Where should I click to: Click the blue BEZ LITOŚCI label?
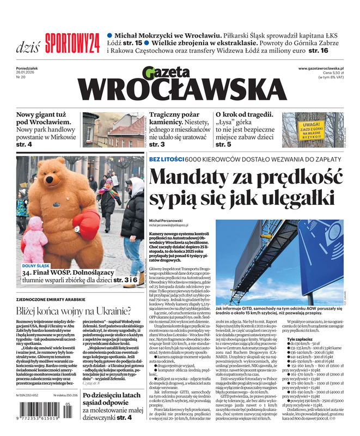tap(166, 159)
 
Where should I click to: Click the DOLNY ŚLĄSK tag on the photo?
tap(36, 266)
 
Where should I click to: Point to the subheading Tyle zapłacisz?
tap(300, 339)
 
